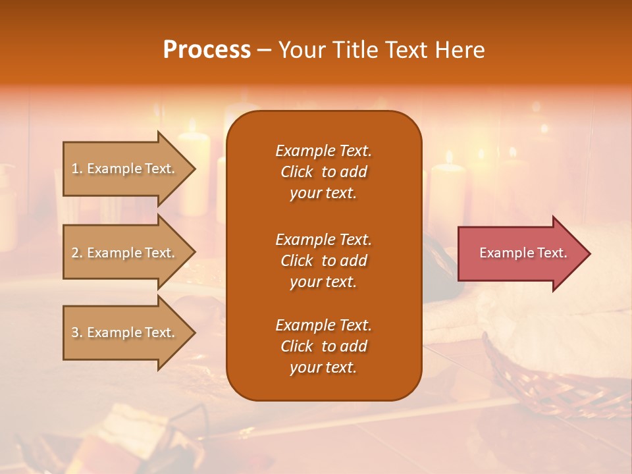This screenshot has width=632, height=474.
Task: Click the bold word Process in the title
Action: point(207,50)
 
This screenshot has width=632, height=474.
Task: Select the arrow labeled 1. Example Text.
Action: point(125,169)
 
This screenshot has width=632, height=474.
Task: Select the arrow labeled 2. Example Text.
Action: point(125,253)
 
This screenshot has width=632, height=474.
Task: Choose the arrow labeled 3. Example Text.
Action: point(125,332)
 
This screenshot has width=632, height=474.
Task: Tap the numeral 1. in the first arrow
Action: point(77,169)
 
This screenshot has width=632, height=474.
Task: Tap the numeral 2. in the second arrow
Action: point(77,253)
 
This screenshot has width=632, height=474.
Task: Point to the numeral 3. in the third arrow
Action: point(77,332)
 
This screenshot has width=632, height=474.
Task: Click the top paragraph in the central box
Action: point(323,172)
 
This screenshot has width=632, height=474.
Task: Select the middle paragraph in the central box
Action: point(323,261)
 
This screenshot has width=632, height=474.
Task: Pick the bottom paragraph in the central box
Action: point(323,346)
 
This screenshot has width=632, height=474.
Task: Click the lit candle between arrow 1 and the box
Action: point(195,171)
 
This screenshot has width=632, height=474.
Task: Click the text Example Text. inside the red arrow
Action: point(523,253)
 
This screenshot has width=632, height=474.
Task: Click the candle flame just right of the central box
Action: point(449,157)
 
